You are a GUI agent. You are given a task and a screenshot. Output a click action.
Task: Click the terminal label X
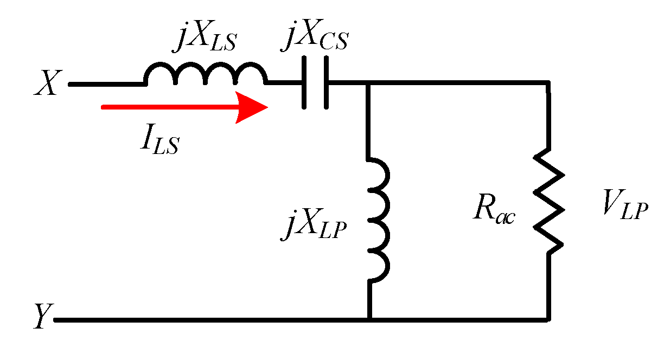coord(47,85)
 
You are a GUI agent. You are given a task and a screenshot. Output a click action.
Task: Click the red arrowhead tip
coord(267,107)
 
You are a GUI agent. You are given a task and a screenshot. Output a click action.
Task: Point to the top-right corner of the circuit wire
coord(548,84)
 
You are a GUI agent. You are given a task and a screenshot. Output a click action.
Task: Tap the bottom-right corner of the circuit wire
coord(548,319)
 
